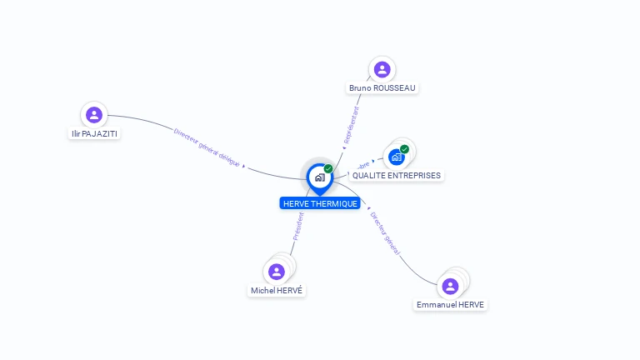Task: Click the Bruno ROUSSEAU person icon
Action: coord(382,69)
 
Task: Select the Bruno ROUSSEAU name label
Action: coord(382,87)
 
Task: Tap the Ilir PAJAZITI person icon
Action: coord(94,115)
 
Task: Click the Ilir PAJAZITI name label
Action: coord(94,133)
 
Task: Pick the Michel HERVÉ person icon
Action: coord(277,272)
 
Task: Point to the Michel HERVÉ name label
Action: coord(277,291)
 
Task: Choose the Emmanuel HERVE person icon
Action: coord(450,286)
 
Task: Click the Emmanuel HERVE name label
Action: coord(450,305)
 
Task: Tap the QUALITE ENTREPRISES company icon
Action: coord(397,157)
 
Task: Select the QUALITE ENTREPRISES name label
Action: coord(397,176)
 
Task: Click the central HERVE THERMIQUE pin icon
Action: coord(319,177)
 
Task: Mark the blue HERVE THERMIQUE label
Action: coord(320,203)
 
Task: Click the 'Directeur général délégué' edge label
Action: coord(207,147)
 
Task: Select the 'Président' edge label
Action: coord(298,226)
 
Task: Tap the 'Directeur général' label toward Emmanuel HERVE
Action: coord(385,232)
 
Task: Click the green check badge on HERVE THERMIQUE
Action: coord(328,169)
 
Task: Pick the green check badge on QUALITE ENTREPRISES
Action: coord(404,149)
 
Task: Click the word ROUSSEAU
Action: coord(394,87)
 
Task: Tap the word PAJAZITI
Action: coord(101,133)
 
